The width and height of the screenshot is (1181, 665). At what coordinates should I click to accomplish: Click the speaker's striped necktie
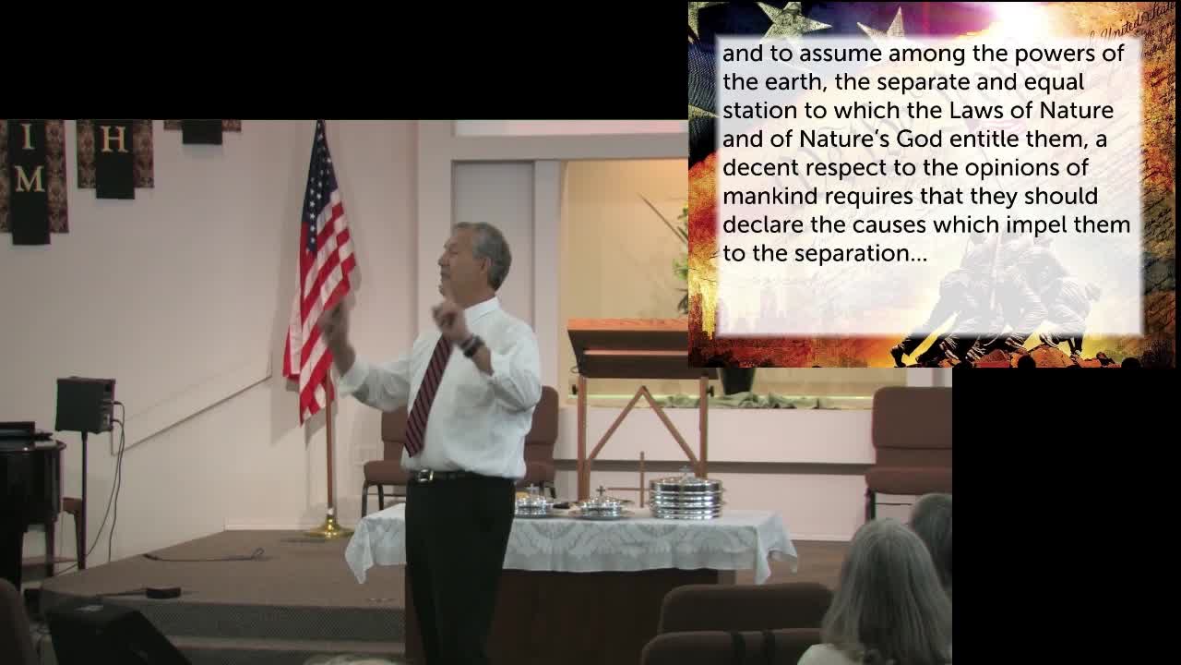(x=426, y=397)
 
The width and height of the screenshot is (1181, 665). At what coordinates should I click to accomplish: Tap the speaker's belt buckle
(x=423, y=477)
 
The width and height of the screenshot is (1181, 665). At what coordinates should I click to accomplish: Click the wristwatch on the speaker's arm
(x=472, y=346)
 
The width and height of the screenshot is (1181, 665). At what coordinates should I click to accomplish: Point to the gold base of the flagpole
(x=328, y=528)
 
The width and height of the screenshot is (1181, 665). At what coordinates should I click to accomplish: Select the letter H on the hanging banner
(x=113, y=140)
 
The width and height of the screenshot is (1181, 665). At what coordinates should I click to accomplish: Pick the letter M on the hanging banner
(x=29, y=178)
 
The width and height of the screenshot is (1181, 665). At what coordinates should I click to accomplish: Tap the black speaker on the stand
(x=85, y=405)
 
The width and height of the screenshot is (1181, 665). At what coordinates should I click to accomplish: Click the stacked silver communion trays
(x=686, y=496)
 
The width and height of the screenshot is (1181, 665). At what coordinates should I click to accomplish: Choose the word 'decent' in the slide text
(x=760, y=168)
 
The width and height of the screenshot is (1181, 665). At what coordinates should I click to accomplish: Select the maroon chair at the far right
(x=909, y=443)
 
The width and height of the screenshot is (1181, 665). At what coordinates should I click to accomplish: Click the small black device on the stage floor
(x=163, y=592)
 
